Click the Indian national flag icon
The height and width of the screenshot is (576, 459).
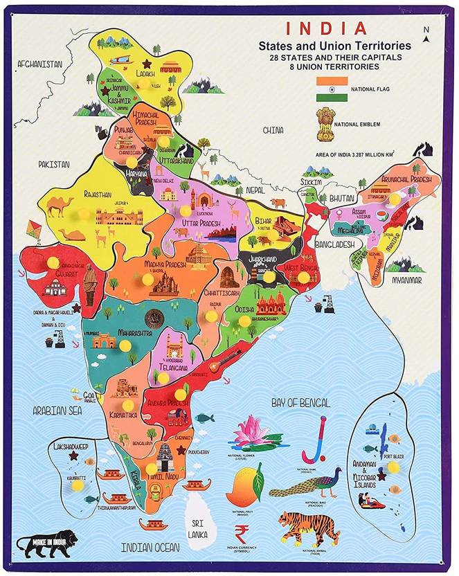[332, 89]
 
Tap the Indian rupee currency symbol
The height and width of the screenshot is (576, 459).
[242, 534]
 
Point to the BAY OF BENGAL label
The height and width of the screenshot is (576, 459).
[300, 402]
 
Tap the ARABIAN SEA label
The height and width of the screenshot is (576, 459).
[57, 411]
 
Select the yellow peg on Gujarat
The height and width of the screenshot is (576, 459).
[53, 262]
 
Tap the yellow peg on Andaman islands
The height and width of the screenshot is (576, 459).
[394, 467]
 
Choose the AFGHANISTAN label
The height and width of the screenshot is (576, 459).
[40, 64]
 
